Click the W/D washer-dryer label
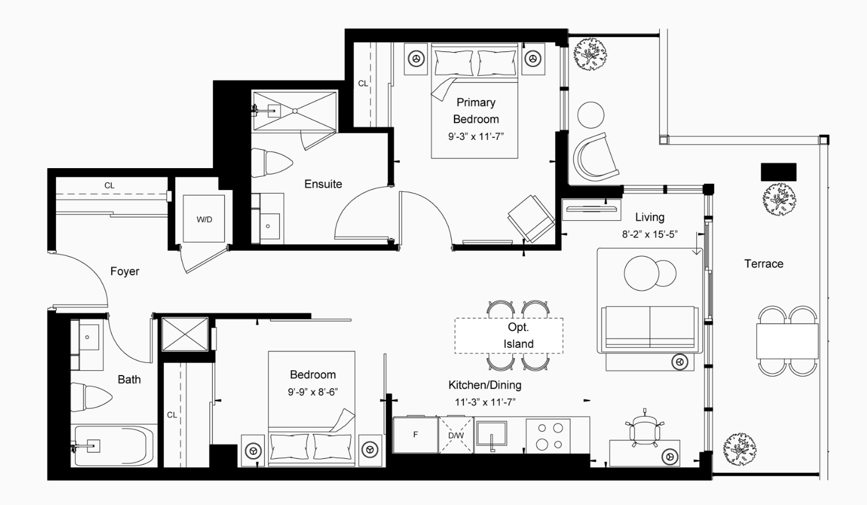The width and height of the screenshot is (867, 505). point(204,220)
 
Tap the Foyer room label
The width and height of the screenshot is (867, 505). point(124,271)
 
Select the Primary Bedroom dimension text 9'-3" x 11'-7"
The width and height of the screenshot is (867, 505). point(476,136)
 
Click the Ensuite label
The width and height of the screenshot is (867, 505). point(323,184)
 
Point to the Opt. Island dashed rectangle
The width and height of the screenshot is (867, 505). point(509,336)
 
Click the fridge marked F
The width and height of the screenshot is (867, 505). point(415,435)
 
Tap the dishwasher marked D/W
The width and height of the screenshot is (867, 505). point(456,435)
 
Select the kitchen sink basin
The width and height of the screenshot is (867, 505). point(492,433)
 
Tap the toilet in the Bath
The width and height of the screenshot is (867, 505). point(91,397)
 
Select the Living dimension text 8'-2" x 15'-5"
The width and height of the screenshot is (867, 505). point(650,235)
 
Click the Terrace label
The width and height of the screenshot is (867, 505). point(763,263)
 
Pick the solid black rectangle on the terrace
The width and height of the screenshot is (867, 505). point(779,172)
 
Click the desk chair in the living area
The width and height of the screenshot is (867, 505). point(644,429)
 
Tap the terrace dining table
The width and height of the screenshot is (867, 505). point(787,341)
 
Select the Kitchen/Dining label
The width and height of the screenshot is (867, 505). point(485,385)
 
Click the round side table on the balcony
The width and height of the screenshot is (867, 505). point(591,115)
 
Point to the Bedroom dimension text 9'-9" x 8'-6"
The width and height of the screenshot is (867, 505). point(313,392)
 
